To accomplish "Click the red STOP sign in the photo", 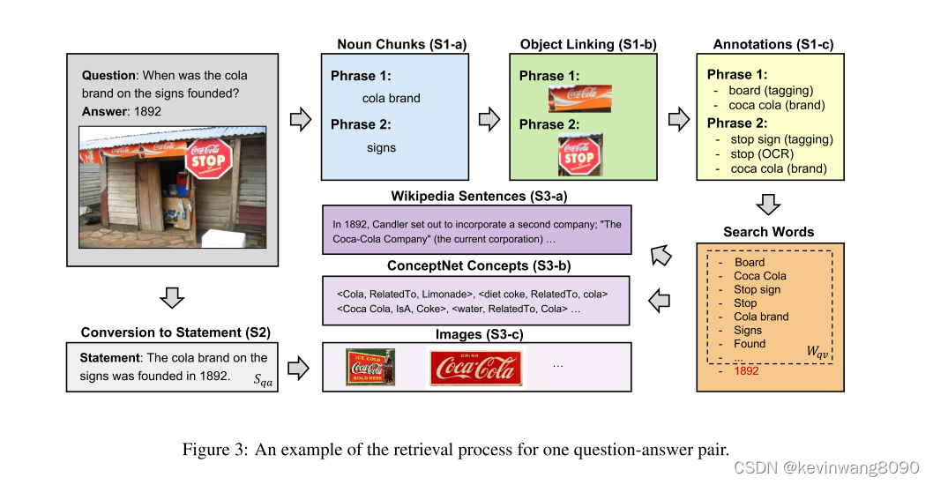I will pos(209,160).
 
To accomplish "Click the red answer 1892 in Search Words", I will pos(746,371).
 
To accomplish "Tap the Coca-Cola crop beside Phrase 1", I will pos(579,98).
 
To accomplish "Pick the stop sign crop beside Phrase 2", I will pos(579,155).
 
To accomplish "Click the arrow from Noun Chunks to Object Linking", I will pos(489,118).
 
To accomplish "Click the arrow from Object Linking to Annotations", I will pos(678,118).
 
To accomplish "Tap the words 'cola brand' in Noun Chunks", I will pos(392,98).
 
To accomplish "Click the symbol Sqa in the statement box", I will pos(263,380).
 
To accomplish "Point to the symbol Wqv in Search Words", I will pos(818,352).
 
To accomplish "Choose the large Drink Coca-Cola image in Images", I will pos(475,368).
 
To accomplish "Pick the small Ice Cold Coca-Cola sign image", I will pos(370,368).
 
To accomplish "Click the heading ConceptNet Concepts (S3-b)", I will pos(475,265).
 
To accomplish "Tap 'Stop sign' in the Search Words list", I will pos(757,289).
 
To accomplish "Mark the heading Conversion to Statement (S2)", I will pos(175,332).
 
